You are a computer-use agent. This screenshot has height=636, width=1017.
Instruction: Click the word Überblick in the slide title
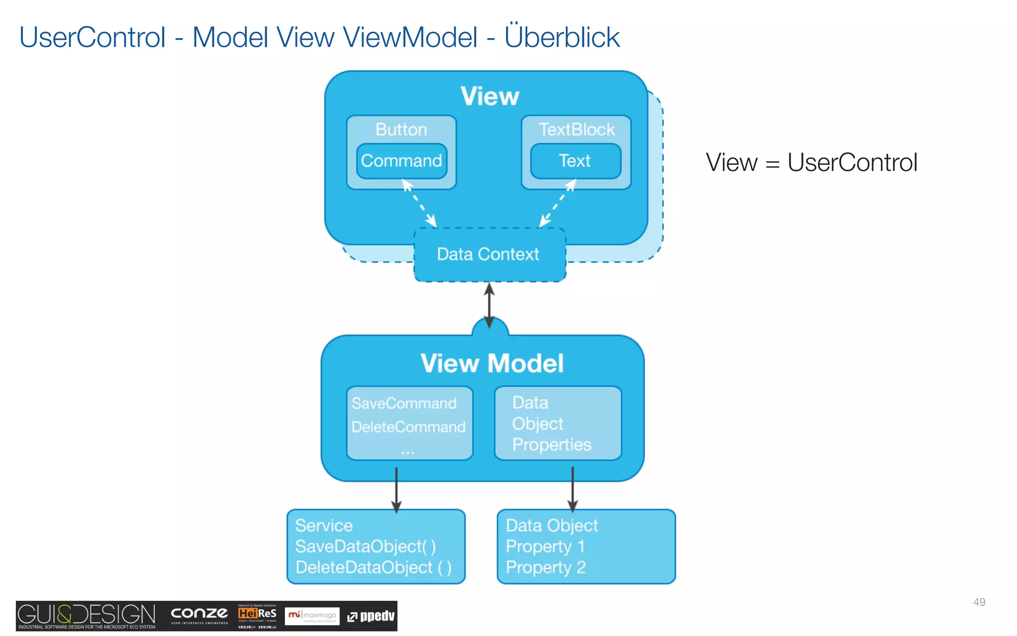pos(562,37)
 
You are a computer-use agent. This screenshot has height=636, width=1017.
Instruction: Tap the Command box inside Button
pos(401,161)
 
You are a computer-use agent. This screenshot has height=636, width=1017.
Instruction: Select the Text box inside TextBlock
pos(575,161)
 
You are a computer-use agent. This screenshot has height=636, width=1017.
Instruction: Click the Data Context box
pos(489,254)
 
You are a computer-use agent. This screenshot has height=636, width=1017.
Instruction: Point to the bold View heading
pos(490,96)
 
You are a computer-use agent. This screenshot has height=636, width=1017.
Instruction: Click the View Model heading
pos(492,363)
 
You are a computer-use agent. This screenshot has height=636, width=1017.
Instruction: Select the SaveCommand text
pos(404,403)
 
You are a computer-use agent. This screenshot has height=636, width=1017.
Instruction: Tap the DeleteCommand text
pos(408,427)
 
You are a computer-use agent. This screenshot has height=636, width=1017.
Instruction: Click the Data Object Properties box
pos(557,423)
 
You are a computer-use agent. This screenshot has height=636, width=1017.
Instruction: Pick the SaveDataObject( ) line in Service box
pos(365,547)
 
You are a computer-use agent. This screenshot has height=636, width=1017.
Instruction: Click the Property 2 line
pos(545,567)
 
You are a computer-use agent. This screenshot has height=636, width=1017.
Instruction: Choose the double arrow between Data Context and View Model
pos(489,305)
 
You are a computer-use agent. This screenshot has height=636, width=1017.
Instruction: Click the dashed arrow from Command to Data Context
pos(420,204)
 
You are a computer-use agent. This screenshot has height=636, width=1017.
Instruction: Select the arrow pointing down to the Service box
pos(396,489)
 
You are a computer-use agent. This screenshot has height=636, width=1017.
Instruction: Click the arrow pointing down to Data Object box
pos(573,489)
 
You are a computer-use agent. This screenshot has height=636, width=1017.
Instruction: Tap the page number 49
pos(979,602)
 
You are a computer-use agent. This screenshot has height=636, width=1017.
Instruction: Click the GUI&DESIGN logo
pos(87,616)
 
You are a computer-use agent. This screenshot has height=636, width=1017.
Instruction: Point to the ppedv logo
pos(371,616)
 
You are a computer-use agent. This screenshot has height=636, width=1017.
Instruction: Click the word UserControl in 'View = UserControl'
pos(852,162)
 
